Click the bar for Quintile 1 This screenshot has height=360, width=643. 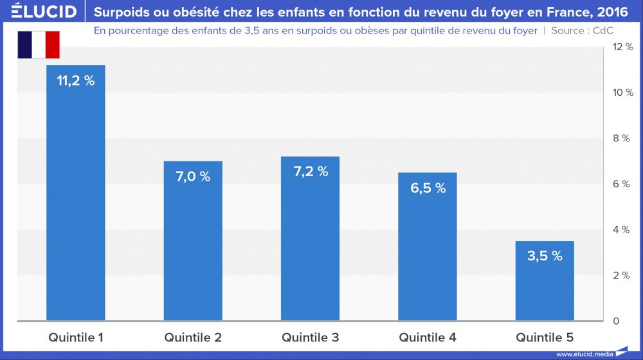76,193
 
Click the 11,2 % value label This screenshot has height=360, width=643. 76,81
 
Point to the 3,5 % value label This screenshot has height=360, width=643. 545,256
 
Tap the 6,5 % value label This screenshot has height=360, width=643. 428,188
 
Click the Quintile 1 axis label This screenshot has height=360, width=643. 76,337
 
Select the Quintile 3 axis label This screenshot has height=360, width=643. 311,337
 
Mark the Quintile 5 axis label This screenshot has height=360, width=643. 545,337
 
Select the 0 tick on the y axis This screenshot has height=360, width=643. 616,321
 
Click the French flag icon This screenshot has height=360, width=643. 38,44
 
